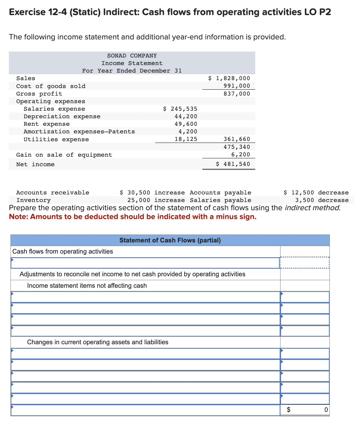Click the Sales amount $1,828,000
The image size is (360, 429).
[x=229, y=78]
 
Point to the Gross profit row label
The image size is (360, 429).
[x=39, y=94]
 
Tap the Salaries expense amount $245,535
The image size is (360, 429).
[x=180, y=109]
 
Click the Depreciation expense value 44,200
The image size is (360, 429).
[x=186, y=116]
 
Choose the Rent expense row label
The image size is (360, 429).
[x=47, y=124]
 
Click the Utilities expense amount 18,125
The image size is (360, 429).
[x=186, y=139]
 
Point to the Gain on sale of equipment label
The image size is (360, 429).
[x=64, y=155]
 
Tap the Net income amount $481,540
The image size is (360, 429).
[x=233, y=164]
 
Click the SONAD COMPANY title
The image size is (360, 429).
[x=132, y=56]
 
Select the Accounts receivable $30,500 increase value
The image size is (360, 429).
[x=152, y=192]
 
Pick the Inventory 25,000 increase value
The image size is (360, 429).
[x=156, y=200]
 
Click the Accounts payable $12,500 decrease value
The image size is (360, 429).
[x=316, y=192]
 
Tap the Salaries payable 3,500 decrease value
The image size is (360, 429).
[x=322, y=200]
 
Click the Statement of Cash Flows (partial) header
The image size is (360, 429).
[x=170, y=240]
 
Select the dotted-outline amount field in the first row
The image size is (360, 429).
[x=304, y=262]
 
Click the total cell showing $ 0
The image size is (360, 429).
[x=304, y=410]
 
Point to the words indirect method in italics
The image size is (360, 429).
[x=312, y=208]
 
